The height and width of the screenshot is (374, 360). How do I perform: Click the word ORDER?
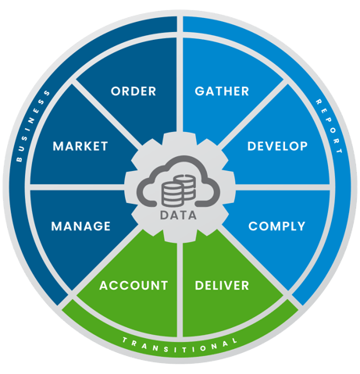point(134,91)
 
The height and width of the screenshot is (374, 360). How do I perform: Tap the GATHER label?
point(222,91)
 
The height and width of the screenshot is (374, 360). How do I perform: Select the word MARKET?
point(80,146)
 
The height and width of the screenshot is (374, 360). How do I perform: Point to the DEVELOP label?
point(277,146)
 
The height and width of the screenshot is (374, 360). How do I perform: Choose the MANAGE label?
point(81,226)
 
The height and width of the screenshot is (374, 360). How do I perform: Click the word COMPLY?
point(276,226)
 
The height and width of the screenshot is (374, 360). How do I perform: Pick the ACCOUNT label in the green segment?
point(134,285)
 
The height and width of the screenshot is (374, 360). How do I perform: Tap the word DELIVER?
point(222,285)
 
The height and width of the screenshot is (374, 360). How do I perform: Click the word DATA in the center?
point(178,215)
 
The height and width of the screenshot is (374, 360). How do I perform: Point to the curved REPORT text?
point(330,126)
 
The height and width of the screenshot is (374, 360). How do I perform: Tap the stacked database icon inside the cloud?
point(179,191)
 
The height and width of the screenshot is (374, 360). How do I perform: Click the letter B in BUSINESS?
point(19,159)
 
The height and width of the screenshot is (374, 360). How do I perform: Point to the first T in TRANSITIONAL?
point(125,340)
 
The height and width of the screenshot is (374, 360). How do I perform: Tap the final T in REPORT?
point(339,150)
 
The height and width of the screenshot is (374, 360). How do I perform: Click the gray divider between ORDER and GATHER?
point(180,76)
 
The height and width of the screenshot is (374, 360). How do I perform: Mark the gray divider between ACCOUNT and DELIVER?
point(180,290)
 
